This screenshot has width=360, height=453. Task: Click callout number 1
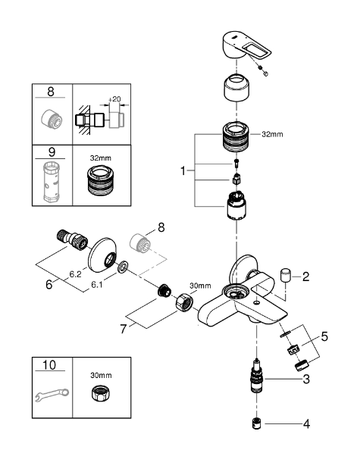pos(183,170)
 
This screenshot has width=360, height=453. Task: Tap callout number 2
pos(305,276)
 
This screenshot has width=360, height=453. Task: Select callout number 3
pos(306,379)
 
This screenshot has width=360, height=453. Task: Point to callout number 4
pos(306,424)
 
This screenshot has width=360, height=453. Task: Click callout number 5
pos(324,336)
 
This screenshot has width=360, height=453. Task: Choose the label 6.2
pos(75,274)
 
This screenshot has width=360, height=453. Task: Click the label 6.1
pos(97,285)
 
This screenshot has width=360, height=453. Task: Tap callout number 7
pos(124,329)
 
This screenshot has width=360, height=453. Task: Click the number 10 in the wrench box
pos(49,365)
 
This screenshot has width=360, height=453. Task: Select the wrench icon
pos(52,395)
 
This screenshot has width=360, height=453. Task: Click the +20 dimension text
pos(114,99)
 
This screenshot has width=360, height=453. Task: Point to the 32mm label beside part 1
pos(272,134)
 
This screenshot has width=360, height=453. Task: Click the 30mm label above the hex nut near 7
pos(200,286)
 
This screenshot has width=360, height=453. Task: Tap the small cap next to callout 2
pos(286,275)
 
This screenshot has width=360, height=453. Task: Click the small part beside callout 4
pos(256,423)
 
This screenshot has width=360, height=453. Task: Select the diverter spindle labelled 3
pos(256,376)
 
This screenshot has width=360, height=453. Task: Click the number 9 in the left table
pos(52,152)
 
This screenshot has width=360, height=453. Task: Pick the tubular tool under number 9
pos(52,182)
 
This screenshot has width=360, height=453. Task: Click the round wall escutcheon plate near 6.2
pos(102,255)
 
